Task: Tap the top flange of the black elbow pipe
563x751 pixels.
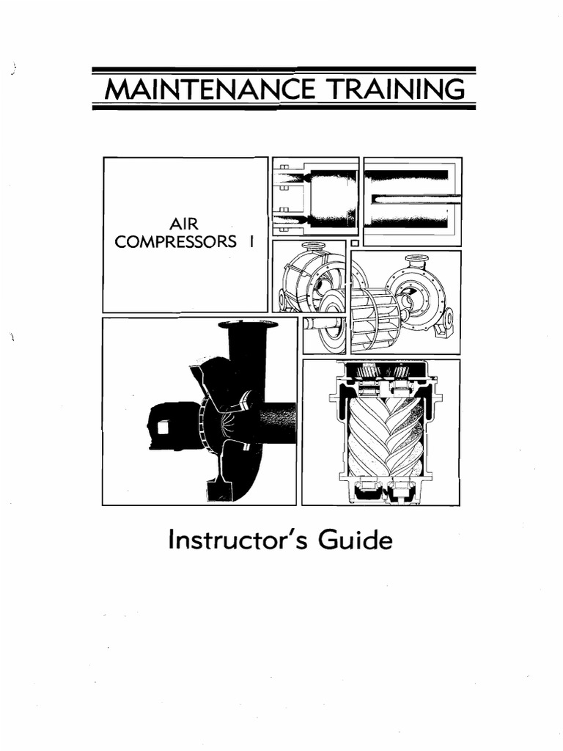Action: pyautogui.click(x=248, y=324)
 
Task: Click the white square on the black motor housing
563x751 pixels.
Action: pyautogui.click(x=163, y=426)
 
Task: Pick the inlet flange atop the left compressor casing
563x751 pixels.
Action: pyautogui.click(x=313, y=246)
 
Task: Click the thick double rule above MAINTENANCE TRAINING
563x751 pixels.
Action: pyautogui.click(x=284, y=70)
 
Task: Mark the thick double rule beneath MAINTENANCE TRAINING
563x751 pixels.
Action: pyautogui.click(x=284, y=106)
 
